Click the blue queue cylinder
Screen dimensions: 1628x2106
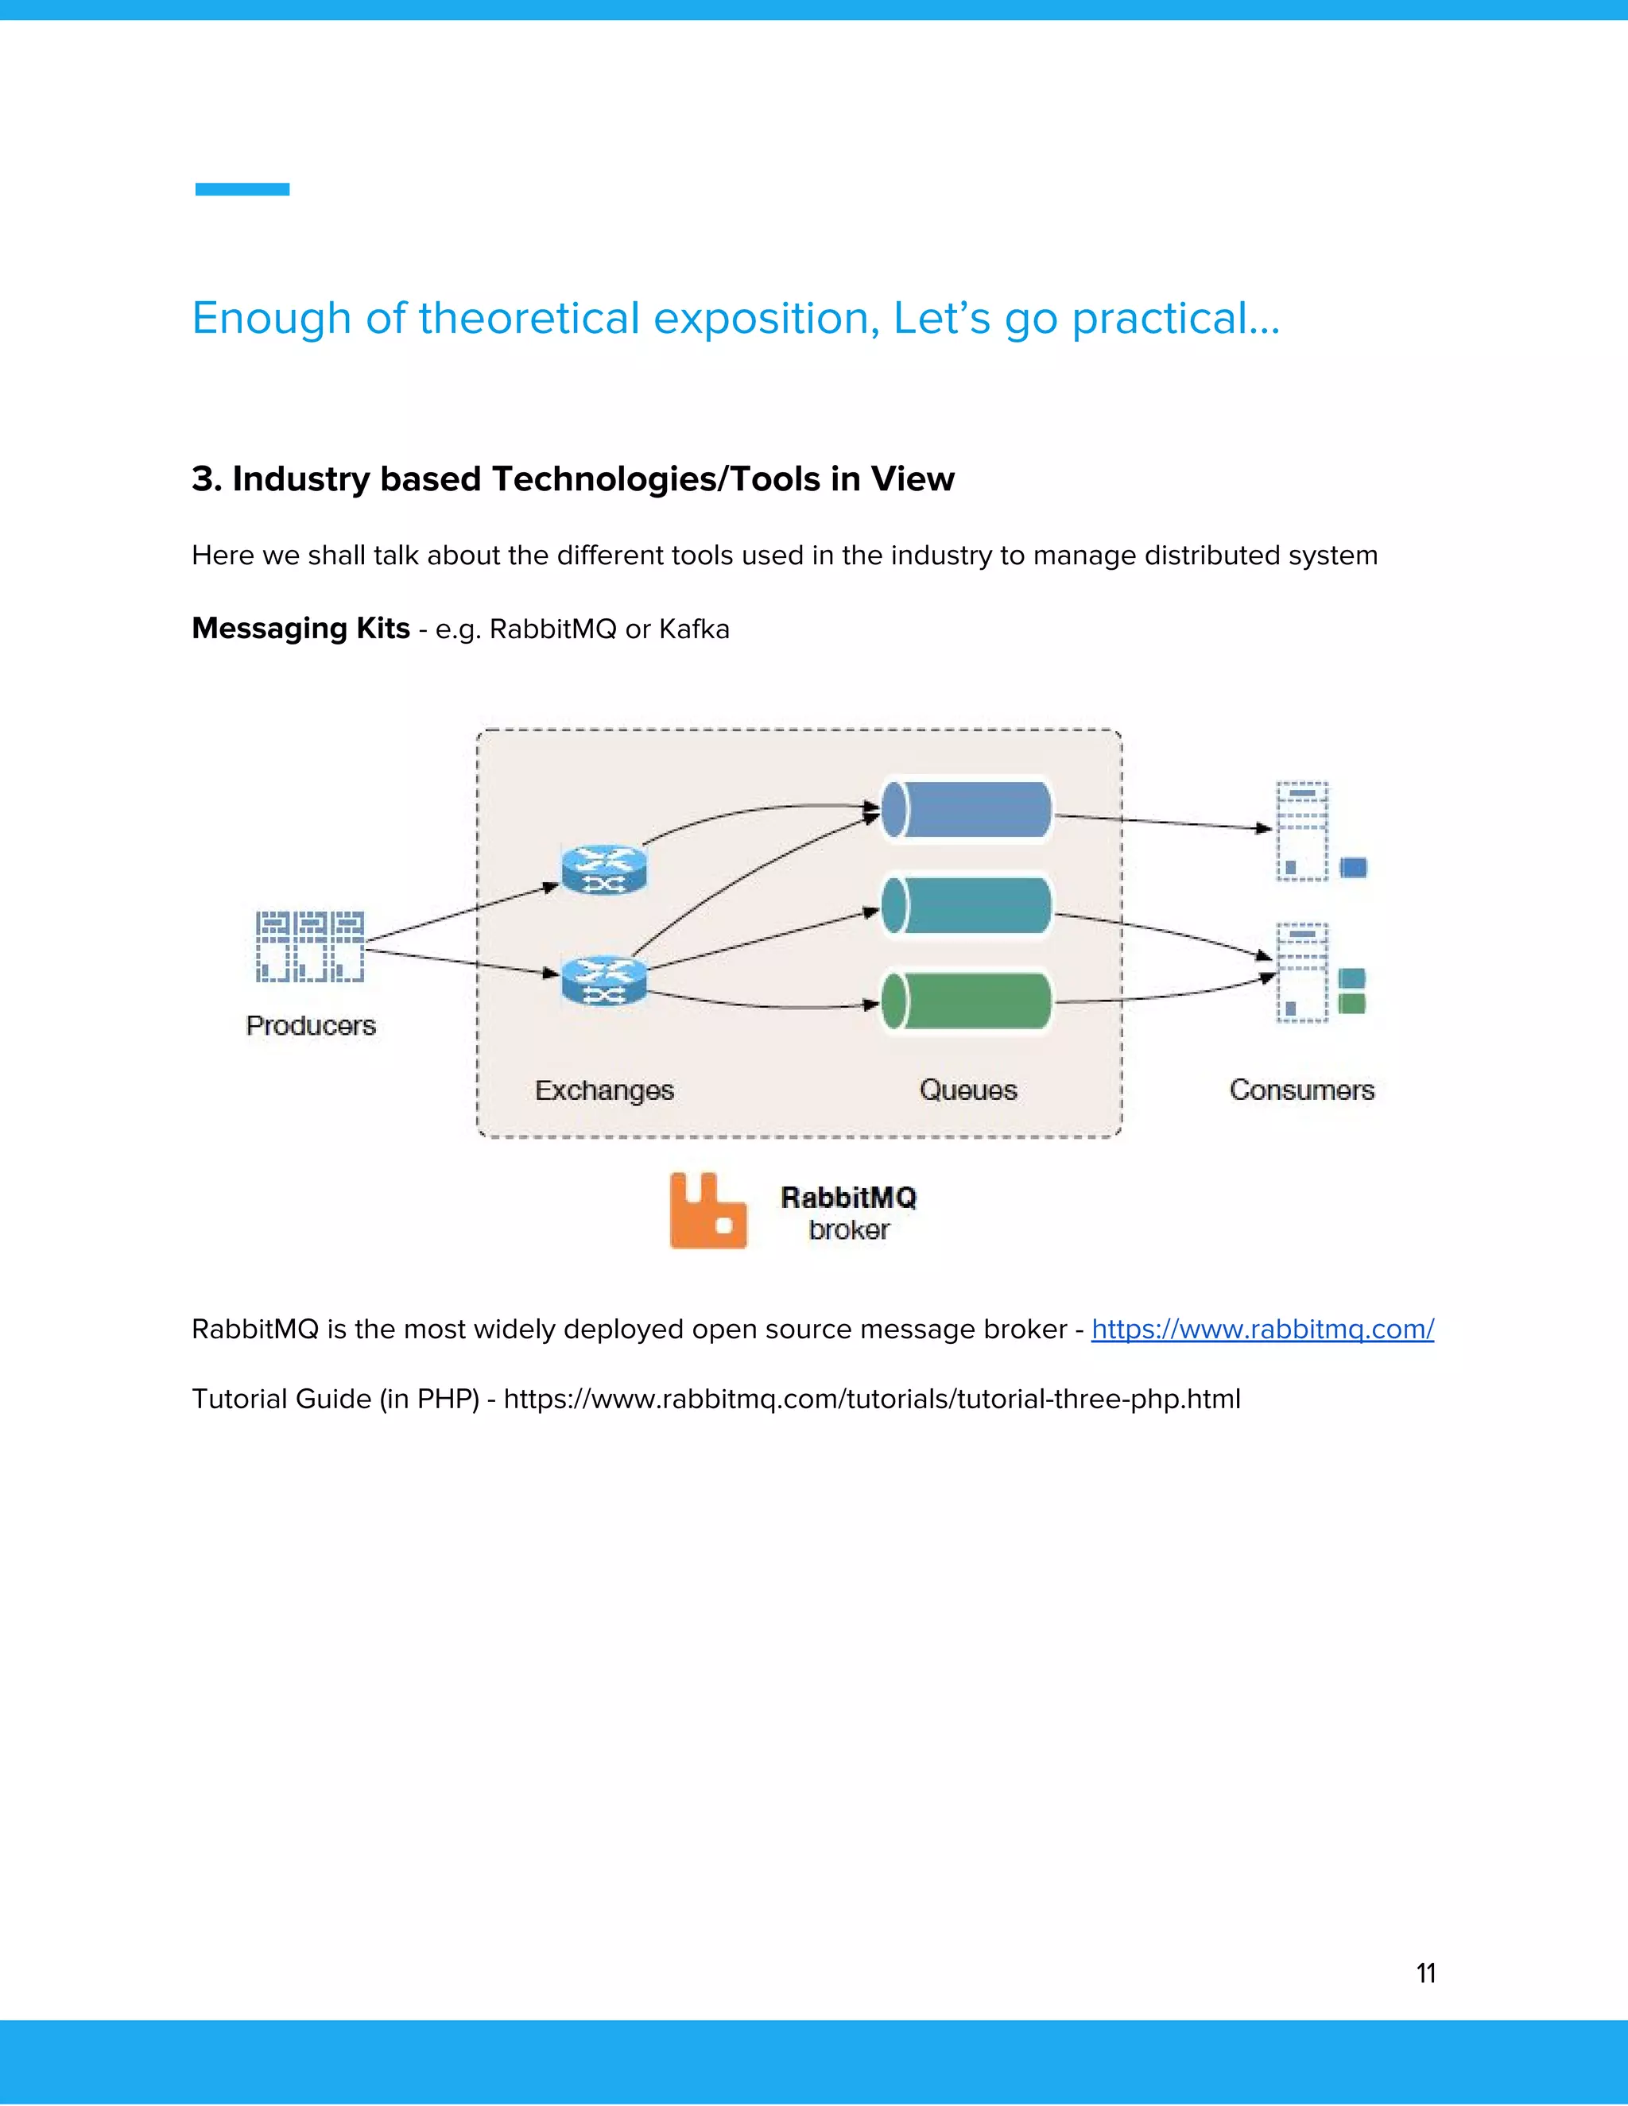point(967,809)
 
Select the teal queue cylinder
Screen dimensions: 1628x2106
point(967,904)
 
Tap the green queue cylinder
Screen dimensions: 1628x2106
point(967,1001)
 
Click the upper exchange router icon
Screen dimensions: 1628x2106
point(605,869)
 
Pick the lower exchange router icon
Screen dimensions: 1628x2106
point(605,980)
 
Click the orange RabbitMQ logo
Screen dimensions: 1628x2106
point(708,1211)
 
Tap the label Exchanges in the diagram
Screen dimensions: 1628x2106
point(605,1090)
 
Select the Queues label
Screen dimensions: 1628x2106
point(968,1090)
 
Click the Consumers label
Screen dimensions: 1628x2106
point(1301,1090)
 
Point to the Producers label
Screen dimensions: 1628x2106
point(311,1025)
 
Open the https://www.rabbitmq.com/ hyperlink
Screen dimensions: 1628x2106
point(1262,1330)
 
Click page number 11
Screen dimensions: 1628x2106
point(1425,1974)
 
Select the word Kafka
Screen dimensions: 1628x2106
point(695,629)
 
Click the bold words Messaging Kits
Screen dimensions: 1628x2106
point(301,629)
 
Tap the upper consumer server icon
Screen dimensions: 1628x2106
point(1303,831)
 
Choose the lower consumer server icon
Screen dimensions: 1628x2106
point(1303,972)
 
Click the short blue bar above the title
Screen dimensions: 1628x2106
point(242,189)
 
